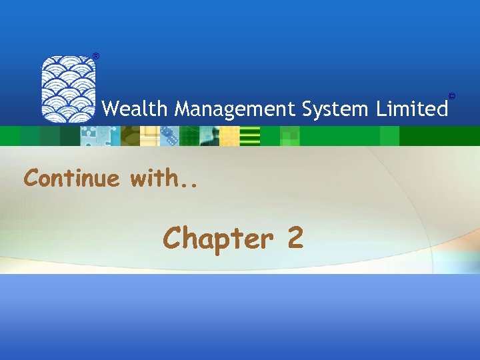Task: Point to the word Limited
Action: pyautogui.click(x=415, y=108)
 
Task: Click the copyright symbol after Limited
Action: pyautogui.click(x=452, y=97)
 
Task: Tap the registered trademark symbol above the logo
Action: pyautogui.click(x=95, y=55)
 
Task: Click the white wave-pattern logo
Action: pyautogui.click(x=68, y=89)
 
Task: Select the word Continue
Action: pyautogui.click(x=72, y=178)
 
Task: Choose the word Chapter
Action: pyautogui.click(x=217, y=238)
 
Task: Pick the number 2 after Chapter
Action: pyautogui.click(x=295, y=238)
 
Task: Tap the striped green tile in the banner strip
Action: pyautogui.click(x=249, y=136)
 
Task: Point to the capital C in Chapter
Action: pyautogui.click(x=173, y=238)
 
